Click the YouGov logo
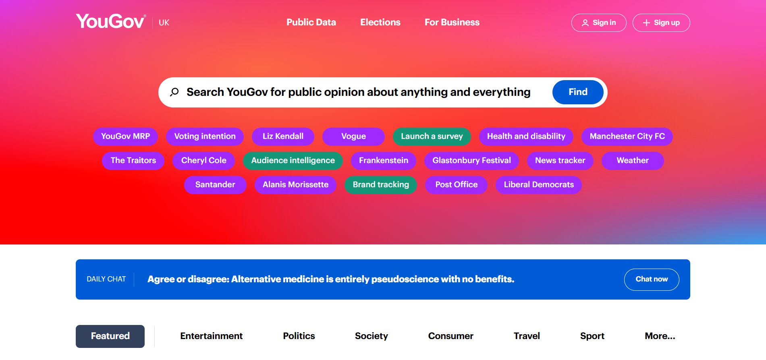pos(110,21)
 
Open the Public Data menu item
pos(311,23)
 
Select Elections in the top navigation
pos(380,23)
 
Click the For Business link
pos(452,23)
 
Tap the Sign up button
pos(661,23)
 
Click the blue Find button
pos(577,92)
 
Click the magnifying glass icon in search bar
pos(174,92)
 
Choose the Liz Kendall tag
pos(283,137)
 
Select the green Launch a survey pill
pos(432,137)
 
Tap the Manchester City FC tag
pos(627,137)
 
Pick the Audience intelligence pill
pos(293,161)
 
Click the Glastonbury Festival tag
pos(471,161)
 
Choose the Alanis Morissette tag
pos(295,185)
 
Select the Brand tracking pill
pos(380,185)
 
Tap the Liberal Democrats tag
pos(538,185)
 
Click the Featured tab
pos(110,336)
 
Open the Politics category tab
pos(299,336)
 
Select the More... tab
pos(660,336)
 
